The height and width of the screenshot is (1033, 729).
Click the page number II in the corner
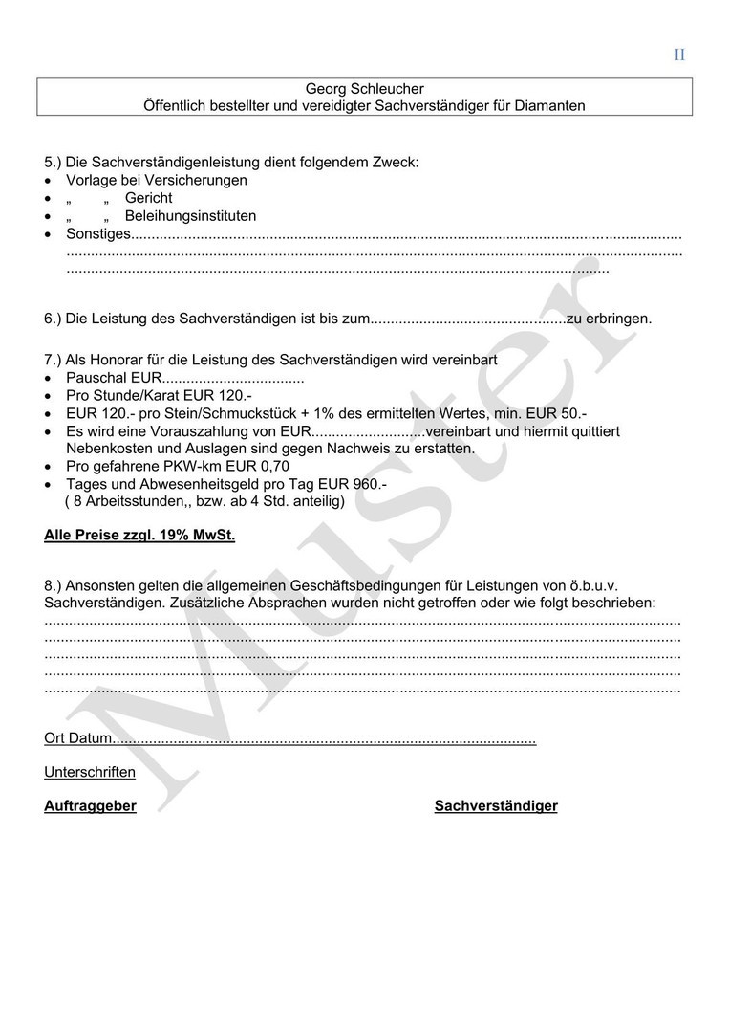tap(679, 55)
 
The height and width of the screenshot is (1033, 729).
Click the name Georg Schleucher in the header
tap(364, 89)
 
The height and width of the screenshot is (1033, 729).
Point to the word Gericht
tap(149, 198)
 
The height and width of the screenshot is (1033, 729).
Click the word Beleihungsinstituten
tap(190, 216)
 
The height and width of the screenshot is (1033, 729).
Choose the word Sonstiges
tap(97, 234)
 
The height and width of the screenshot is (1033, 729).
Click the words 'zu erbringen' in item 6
tap(610, 319)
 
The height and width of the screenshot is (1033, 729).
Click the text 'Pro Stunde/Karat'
tap(125, 395)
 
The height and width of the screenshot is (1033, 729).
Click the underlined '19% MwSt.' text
tap(200, 535)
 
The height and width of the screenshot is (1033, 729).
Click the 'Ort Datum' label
tap(77, 739)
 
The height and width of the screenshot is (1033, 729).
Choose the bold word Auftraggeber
tap(90, 806)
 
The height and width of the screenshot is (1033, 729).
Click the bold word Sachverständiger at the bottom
tap(496, 806)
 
